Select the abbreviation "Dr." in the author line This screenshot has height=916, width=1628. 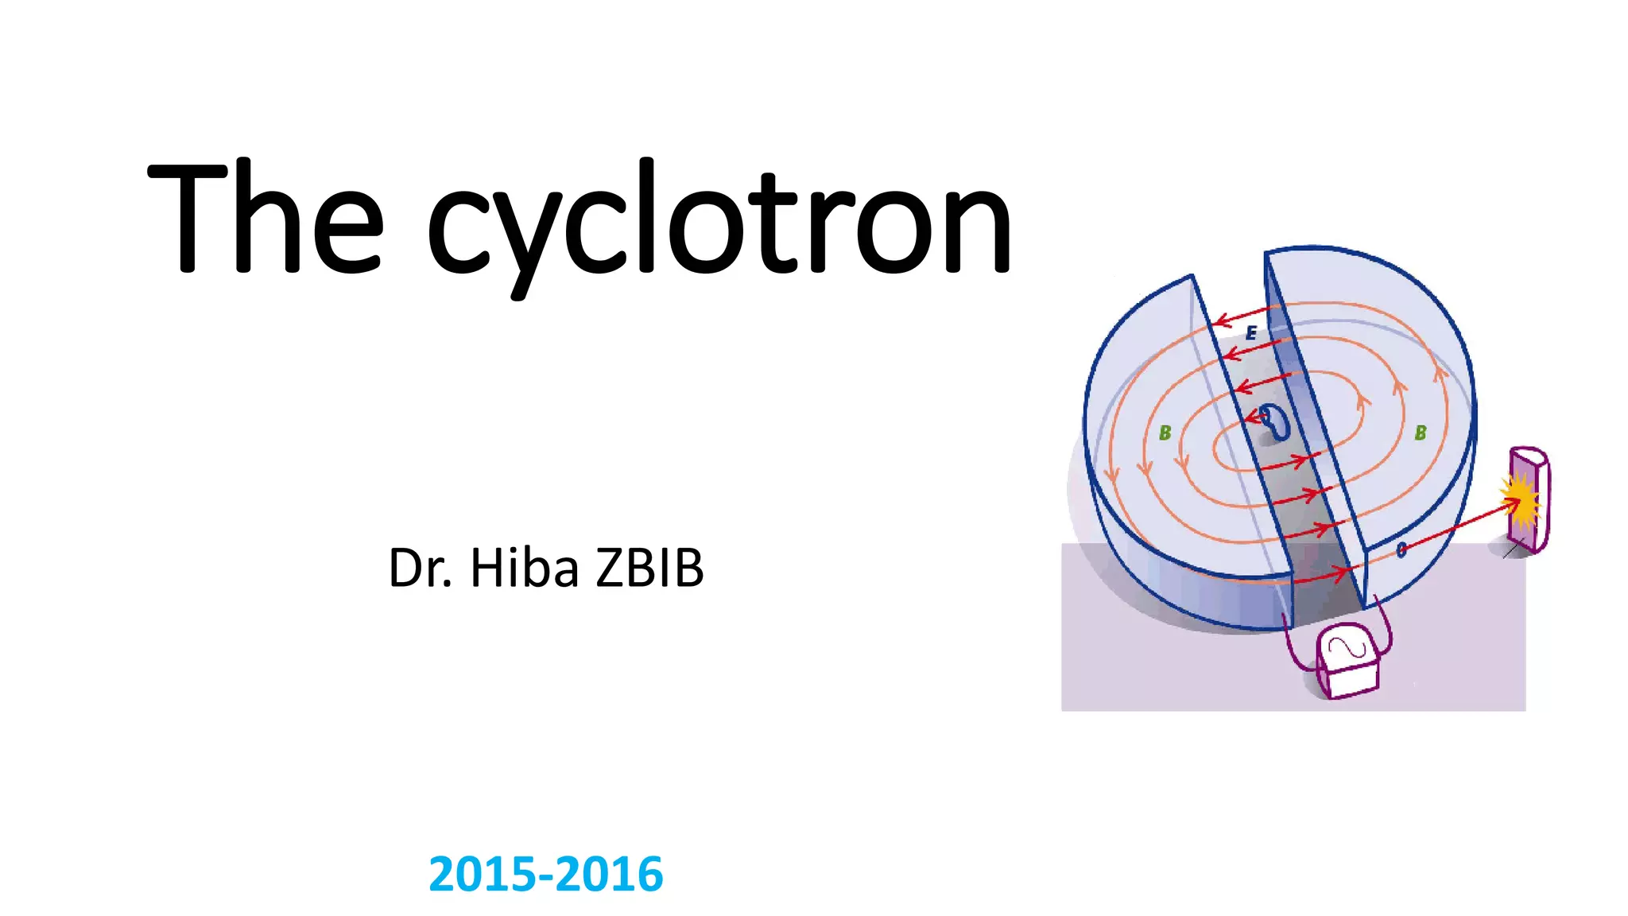pyautogui.click(x=420, y=569)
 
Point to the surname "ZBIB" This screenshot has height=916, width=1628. pyautogui.click(x=650, y=569)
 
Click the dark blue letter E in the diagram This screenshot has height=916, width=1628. pyautogui.click(x=1251, y=333)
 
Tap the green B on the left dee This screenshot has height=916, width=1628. pyautogui.click(x=1165, y=433)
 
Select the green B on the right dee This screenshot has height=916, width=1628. pyautogui.click(x=1421, y=433)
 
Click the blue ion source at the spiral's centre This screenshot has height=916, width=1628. pyautogui.click(x=1277, y=421)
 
